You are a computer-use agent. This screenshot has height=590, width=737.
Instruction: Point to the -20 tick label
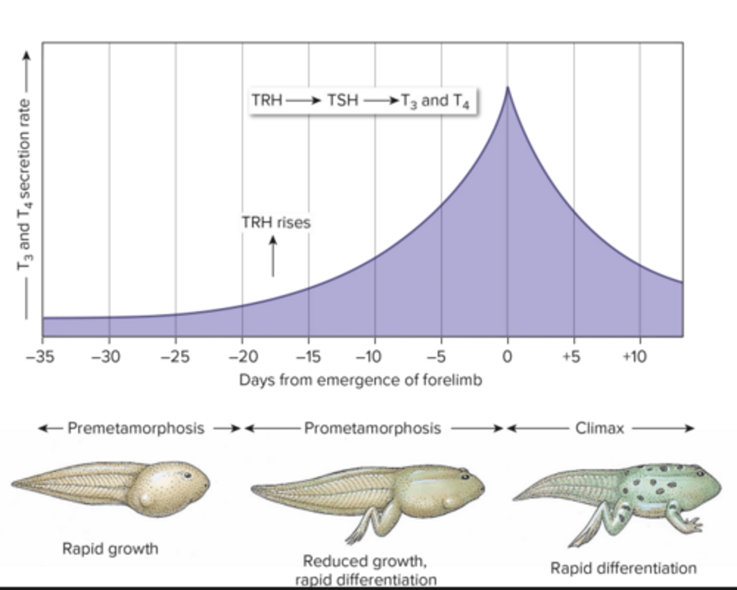click(242, 356)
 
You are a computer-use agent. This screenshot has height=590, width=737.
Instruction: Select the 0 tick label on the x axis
click(507, 356)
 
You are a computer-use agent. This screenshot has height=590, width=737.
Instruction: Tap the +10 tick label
click(635, 356)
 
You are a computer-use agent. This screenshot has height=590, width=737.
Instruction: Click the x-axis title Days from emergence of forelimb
click(360, 380)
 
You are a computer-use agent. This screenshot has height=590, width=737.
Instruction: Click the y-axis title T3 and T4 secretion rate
click(24, 184)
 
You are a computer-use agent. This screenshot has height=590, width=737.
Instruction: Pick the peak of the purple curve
click(507, 89)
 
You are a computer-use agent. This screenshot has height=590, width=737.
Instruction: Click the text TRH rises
click(276, 222)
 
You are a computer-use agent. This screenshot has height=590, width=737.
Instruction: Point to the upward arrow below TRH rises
click(273, 256)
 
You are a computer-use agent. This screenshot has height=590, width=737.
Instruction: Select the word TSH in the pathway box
click(342, 100)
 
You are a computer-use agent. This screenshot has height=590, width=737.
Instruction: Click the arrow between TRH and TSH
click(303, 100)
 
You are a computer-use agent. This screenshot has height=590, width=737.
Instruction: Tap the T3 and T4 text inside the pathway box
click(435, 101)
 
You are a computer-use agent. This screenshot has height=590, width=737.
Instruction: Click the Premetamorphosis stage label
click(136, 428)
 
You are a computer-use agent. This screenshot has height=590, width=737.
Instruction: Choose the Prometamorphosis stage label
click(372, 428)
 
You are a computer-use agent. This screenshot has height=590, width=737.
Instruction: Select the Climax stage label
click(599, 428)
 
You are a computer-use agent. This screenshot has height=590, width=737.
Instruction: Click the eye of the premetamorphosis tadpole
click(187, 475)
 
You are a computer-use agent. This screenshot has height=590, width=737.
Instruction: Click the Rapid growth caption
click(110, 549)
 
